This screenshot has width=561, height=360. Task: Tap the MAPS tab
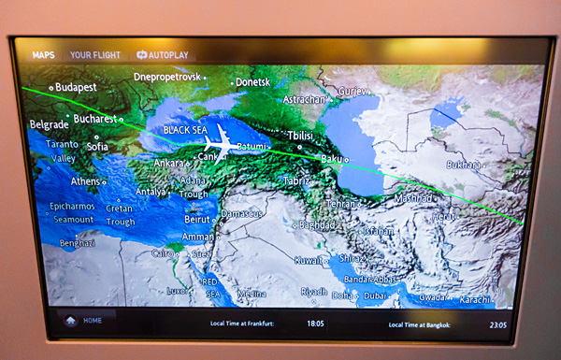(x=44, y=55)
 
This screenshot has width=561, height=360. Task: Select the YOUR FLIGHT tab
(x=93, y=55)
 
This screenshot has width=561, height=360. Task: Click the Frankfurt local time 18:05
(x=315, y=324)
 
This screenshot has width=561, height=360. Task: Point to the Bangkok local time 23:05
(x=497, y=325)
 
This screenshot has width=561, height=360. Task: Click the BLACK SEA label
(x=184, y=131)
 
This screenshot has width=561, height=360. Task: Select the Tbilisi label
(x=300, y=136)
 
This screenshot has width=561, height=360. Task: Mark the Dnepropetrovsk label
(x=168, y=77)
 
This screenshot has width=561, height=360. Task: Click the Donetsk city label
(x=252, y=82)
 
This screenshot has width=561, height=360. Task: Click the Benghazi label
(x=78, y=243)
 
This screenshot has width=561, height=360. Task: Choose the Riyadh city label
(x=313, y=292)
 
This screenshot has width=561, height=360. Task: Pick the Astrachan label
(x=305, y=99)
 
